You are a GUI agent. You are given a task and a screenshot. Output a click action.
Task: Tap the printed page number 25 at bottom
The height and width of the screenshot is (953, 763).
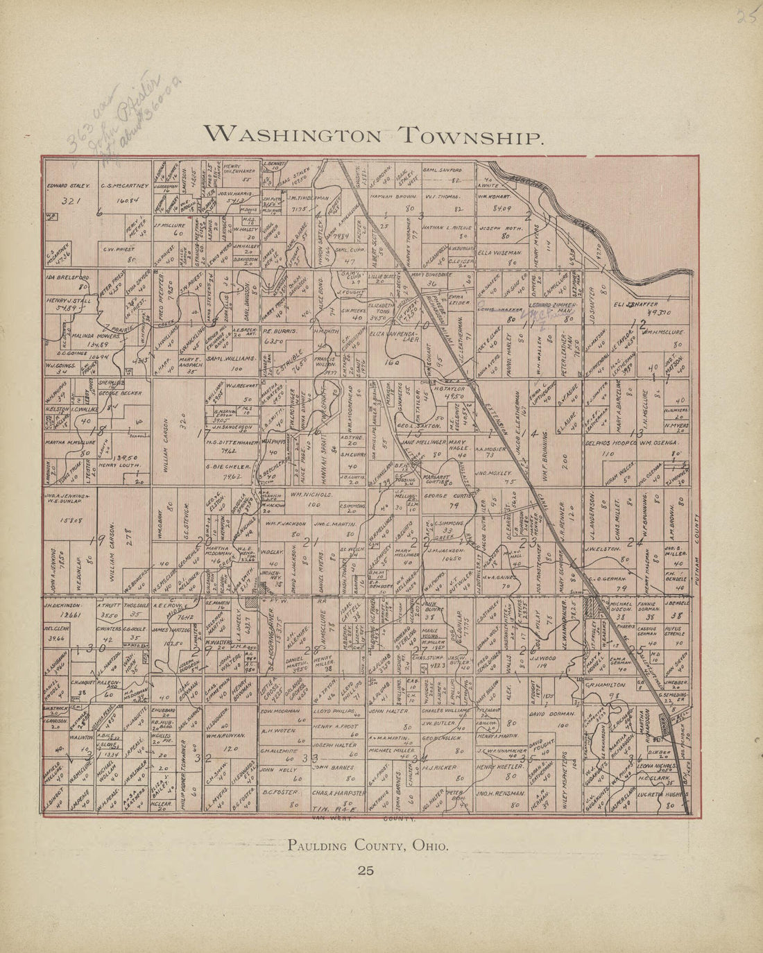click(366, 870)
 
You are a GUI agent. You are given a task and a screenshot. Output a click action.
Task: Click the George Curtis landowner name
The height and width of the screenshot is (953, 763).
click(449, 497)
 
